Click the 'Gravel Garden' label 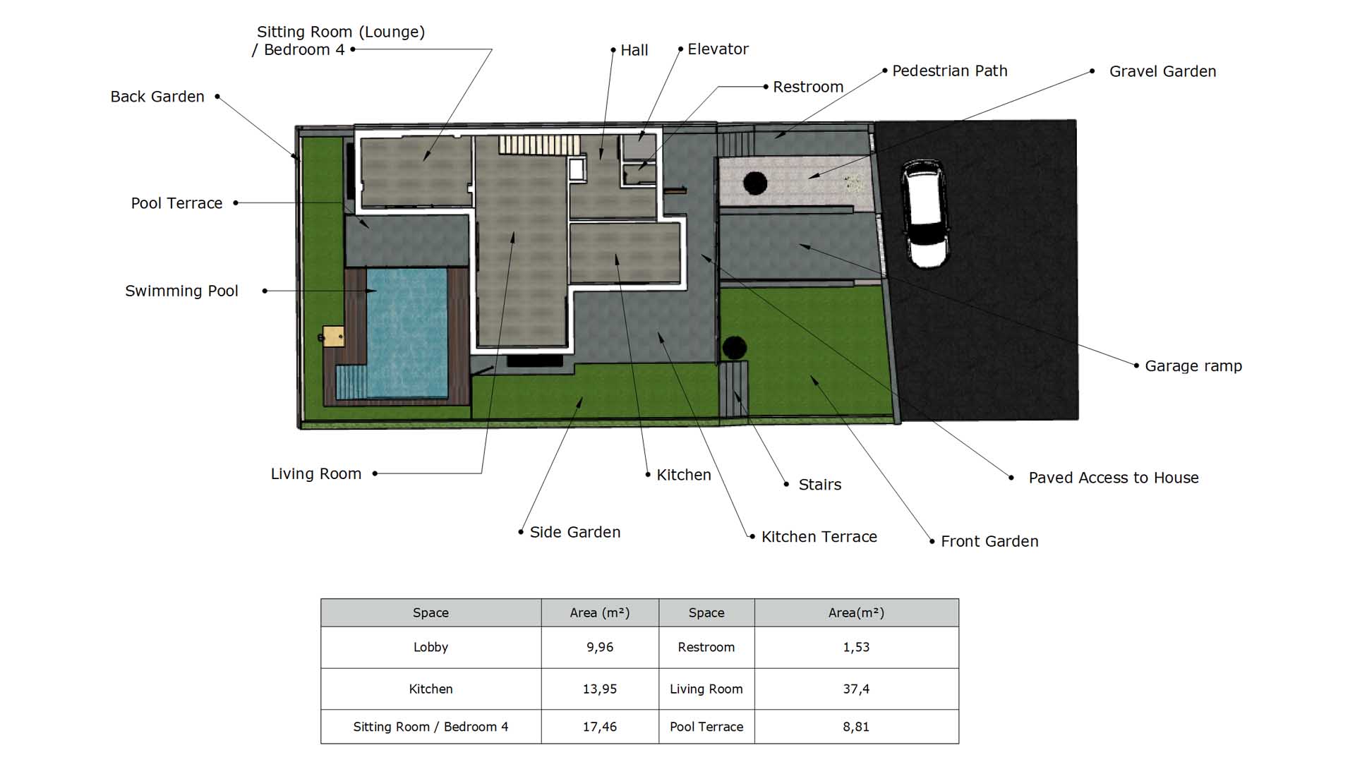pos(1162,71)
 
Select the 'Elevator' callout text pos(718,49)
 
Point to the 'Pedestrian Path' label pos(949,71)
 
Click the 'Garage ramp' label pos(1193,366)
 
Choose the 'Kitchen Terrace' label pos(819,537)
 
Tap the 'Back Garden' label pos(157,97)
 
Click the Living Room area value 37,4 pos(856,689)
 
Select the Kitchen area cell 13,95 pos(600,689)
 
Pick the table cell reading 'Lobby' pos(430,647)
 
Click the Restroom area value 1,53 pos(856,647)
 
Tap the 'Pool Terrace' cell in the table pos(706,727)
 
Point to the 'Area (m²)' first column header pos(600,612)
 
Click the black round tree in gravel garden pos(755,183)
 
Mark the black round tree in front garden pos(734,347)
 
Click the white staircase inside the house pos(539,145)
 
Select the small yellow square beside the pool pos(333,336)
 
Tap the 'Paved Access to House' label pos(1114,478)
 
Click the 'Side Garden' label pos(575,532)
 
